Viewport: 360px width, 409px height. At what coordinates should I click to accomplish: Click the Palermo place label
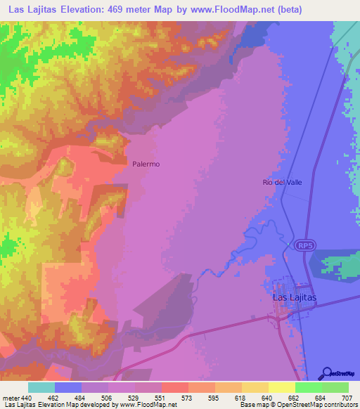146,164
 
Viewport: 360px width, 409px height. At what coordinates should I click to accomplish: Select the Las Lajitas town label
294,297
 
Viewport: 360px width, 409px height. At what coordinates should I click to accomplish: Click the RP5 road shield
304,245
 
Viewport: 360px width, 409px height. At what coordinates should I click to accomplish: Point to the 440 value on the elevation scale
27,398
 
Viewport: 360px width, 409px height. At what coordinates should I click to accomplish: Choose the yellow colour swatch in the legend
281,387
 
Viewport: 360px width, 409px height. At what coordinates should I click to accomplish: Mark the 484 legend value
68,398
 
